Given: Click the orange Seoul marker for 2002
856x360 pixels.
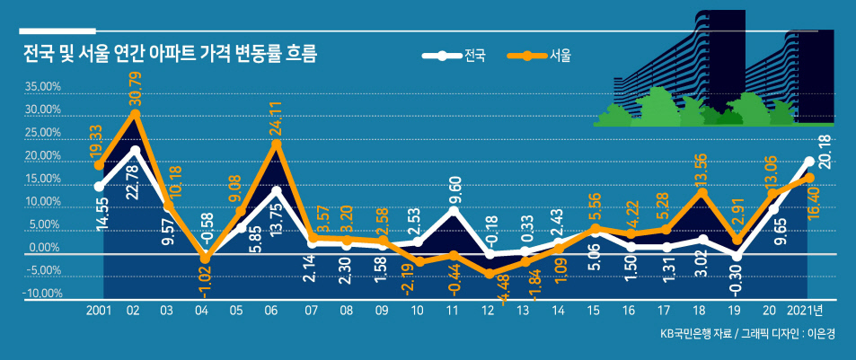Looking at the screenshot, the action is click(135, 114).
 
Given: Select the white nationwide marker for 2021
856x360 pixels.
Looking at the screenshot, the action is click(809, 161).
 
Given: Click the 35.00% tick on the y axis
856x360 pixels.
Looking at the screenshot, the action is click(41, 87).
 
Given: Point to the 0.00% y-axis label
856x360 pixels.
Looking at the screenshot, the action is click(44, 248).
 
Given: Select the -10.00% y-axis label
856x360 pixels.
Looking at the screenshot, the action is click(41, 294).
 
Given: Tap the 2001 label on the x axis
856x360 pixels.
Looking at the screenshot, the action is click(98, 311).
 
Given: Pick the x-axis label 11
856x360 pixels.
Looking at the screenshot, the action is click(452, 311).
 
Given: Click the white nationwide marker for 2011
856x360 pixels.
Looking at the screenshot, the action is click(453, 211).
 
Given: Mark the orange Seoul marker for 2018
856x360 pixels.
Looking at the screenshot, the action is click(703, 192).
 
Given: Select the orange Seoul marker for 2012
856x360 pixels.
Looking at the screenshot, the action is click(489, 273).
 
